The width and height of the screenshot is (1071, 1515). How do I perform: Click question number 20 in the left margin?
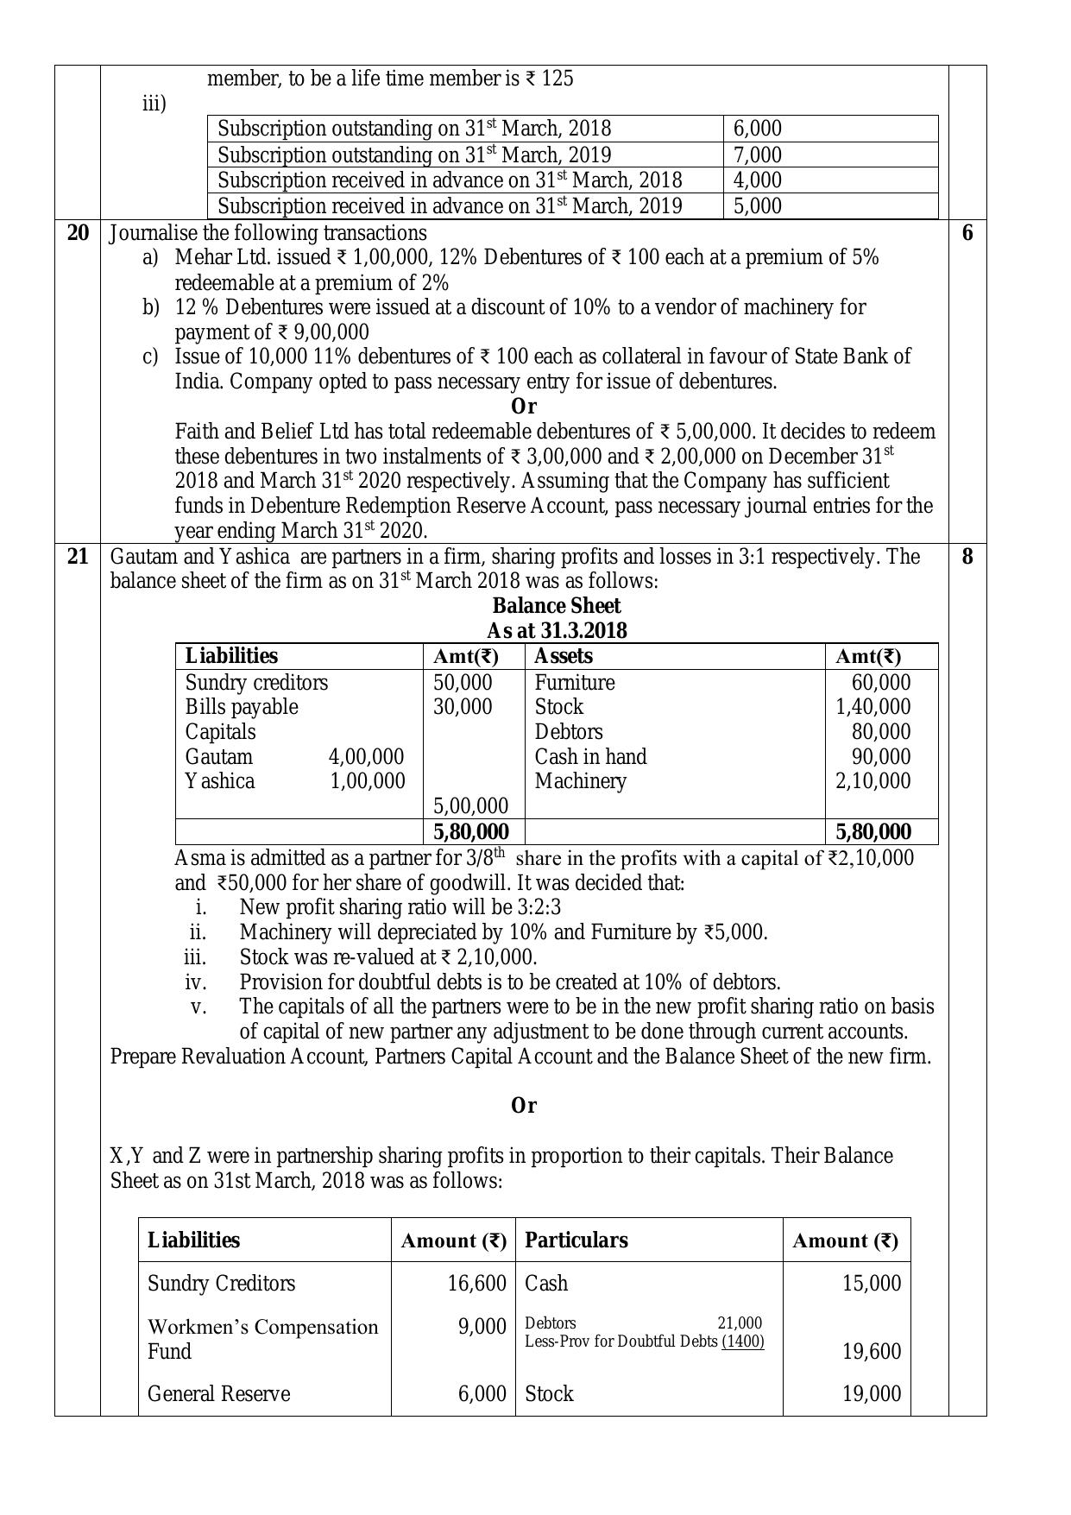tap(78, 233)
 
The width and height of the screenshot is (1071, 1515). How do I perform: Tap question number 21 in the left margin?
tap(78, 557)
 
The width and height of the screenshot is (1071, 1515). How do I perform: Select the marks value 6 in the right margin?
tap(967, 233)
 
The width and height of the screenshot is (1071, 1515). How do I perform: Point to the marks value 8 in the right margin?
tap(967, 557)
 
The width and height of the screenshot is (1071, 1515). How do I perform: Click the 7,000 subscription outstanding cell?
tap(757, 155)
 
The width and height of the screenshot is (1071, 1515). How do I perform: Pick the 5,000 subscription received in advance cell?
tap(757, 206)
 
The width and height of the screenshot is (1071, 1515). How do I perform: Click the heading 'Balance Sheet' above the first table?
tap(556, 606)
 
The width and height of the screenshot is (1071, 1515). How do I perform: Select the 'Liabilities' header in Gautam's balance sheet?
tap(231, 656)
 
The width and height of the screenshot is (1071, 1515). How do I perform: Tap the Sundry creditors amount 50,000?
tap(463, 683)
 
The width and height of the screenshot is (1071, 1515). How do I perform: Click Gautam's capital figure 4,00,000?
tap(366, 757)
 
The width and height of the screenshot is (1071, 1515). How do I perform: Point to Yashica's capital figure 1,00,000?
tap(367, 781)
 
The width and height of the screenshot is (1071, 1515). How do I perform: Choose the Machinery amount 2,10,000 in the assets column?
tap(873, 781)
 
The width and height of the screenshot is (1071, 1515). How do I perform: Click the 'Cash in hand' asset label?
tap(590, 757)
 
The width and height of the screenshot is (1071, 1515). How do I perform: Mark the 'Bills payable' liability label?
tap(242, 707)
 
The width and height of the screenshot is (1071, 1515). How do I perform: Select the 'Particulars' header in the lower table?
tap(576, 1240)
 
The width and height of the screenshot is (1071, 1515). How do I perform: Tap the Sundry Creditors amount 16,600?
tap(476, 1284)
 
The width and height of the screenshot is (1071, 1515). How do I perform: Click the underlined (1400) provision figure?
tap(742, 1341)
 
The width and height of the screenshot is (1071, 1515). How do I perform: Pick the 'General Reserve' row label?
tap(218, 1394)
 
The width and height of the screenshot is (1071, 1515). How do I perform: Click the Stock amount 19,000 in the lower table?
tap(872, 1394)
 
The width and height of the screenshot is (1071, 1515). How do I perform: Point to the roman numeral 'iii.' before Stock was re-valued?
tap(195, 957)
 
